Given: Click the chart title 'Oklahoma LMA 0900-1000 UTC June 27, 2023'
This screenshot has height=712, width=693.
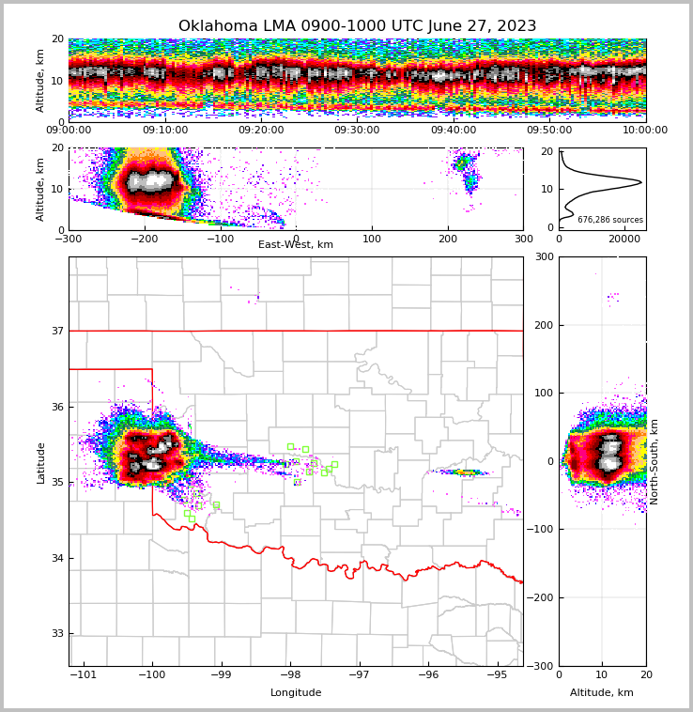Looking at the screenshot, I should click(357, 26).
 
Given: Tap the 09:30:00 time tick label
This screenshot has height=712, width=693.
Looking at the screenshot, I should click(357, 131).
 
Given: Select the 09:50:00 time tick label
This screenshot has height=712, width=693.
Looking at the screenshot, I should click(549, 131).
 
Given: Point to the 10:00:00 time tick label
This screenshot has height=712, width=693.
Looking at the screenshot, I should click(645, 131).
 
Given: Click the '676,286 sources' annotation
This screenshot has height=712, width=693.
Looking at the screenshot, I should click(610, 220).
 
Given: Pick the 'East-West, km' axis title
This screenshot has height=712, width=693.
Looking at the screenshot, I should click(296, 245).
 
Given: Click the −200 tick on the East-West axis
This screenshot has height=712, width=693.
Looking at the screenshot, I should click(144, 239).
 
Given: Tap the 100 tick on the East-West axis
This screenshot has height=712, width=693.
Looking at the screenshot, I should click(372, 239).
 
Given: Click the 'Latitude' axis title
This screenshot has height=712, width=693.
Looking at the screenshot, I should click(40, 462).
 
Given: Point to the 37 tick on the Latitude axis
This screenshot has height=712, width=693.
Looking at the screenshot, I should click(56, 331).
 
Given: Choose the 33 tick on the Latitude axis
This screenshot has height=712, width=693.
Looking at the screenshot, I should click(56, 634).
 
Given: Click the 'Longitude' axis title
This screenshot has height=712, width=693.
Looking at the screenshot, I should click(296, 693).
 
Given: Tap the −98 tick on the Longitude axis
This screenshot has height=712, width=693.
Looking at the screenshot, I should click(290, 675).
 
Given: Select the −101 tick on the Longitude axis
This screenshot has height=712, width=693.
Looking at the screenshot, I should click(84, 675).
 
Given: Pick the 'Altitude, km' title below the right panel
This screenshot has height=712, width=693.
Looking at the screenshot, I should click(602, 693).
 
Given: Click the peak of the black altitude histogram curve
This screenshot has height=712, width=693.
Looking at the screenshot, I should click(640, 181).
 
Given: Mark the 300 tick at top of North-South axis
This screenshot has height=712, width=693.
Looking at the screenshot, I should click(544, 256).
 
